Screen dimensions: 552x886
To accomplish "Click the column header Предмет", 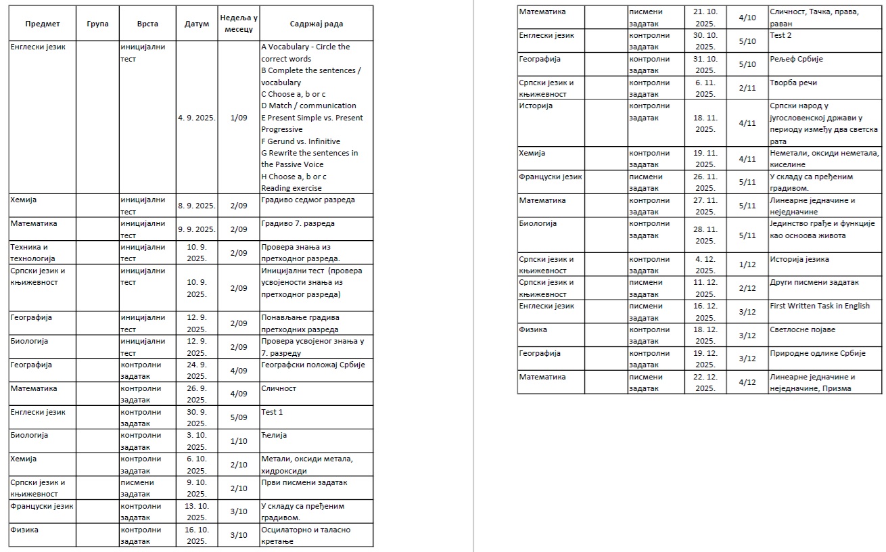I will point(43,24).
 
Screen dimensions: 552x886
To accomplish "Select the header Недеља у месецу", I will point(237,24).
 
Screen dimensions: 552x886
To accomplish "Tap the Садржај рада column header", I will point(316,24).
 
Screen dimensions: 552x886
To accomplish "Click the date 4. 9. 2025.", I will point(196,118).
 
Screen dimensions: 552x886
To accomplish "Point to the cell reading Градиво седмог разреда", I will point(308,200).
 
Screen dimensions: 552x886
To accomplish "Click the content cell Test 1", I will point(272,412).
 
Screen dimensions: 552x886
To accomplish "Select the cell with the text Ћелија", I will point(274,435).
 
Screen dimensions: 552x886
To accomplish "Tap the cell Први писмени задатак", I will point(304,482).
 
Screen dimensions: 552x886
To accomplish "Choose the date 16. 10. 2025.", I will point(196,535).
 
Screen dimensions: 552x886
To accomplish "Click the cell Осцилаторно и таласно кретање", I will point(306,535).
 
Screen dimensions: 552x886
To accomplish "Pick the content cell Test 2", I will point(780,35).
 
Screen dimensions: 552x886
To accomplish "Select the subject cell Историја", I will point(536,106).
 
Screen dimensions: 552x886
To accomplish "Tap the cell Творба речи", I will point(793,83).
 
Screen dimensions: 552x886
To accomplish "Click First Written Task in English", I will point(820,306).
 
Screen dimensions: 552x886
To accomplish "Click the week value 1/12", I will point(747,264).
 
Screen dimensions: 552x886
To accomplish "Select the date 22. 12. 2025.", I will point(705,382).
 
